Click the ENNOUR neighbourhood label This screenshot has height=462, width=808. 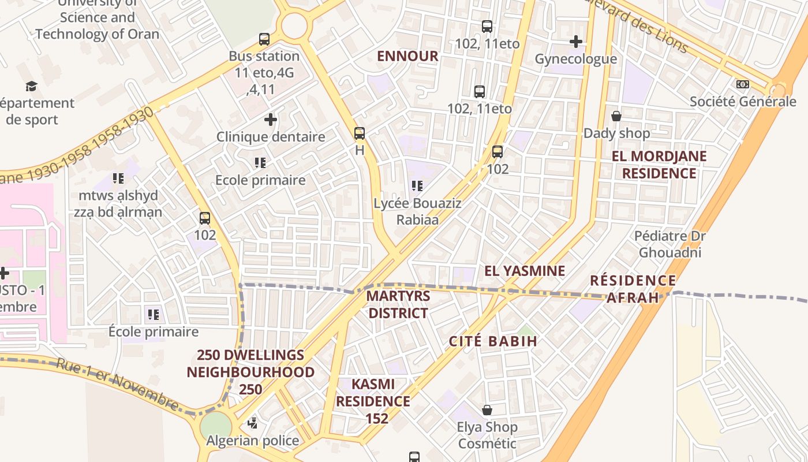(x=407, y=56)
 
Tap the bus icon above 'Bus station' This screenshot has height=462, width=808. (x=264, y=39)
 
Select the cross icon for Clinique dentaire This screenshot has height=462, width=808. (x=271, y=120)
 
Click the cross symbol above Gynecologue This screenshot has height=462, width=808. (x=575, y=42)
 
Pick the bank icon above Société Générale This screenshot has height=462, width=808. (x=743, y=84)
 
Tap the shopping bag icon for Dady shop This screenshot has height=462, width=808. (x=616, y=116)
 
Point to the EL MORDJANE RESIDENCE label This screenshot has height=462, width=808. (x=659, y=165)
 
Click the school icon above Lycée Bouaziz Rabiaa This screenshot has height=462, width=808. (x=417, y=186)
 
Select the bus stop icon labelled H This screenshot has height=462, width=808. (x=360, y=133)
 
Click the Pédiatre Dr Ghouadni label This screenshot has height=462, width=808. (x=670, y=244)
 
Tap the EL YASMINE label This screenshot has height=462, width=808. (x=525, y=271)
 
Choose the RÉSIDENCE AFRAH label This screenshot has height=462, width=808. (x=633, y=289)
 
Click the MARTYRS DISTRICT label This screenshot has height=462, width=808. (x=398, y=304)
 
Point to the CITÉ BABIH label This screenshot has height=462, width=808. (x=493, y=341)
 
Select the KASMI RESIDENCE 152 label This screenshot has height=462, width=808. (x=373, y=401)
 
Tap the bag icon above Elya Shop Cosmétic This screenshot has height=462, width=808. (x=487, y=410)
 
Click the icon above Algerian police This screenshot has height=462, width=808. (x=252, y=423)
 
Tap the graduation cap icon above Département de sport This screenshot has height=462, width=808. (x=31, y=87)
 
